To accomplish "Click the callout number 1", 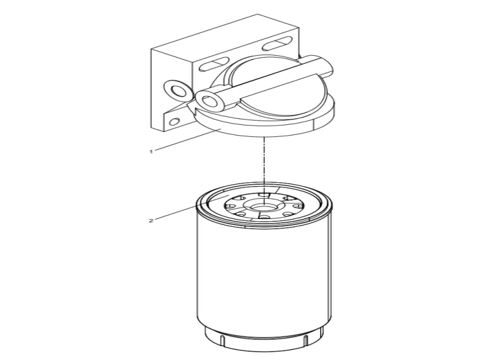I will click(x=151, y=151).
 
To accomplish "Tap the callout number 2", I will click(x=151, y=221).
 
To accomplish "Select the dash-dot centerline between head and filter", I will click(x=262, y=162).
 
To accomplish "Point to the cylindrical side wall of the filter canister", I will click(x=264, y=276).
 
